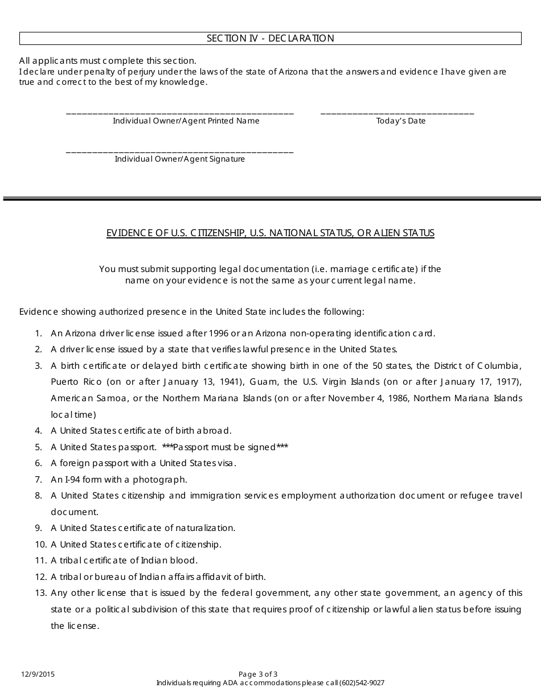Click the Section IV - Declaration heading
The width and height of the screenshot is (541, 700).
pos(270,39)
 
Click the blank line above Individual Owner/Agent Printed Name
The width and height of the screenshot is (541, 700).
pos(180,113)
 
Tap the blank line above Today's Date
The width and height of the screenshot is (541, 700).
pos(397,113)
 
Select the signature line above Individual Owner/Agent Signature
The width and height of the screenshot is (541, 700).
pos(180,151)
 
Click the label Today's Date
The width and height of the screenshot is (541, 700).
pos(401,121)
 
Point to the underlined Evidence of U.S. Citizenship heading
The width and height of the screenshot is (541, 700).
pos(270,233)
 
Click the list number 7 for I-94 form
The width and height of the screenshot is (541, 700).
pos(39,480)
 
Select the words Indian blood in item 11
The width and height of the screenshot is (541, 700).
pos(172,561)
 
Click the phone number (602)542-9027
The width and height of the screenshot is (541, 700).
pos(362,683)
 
